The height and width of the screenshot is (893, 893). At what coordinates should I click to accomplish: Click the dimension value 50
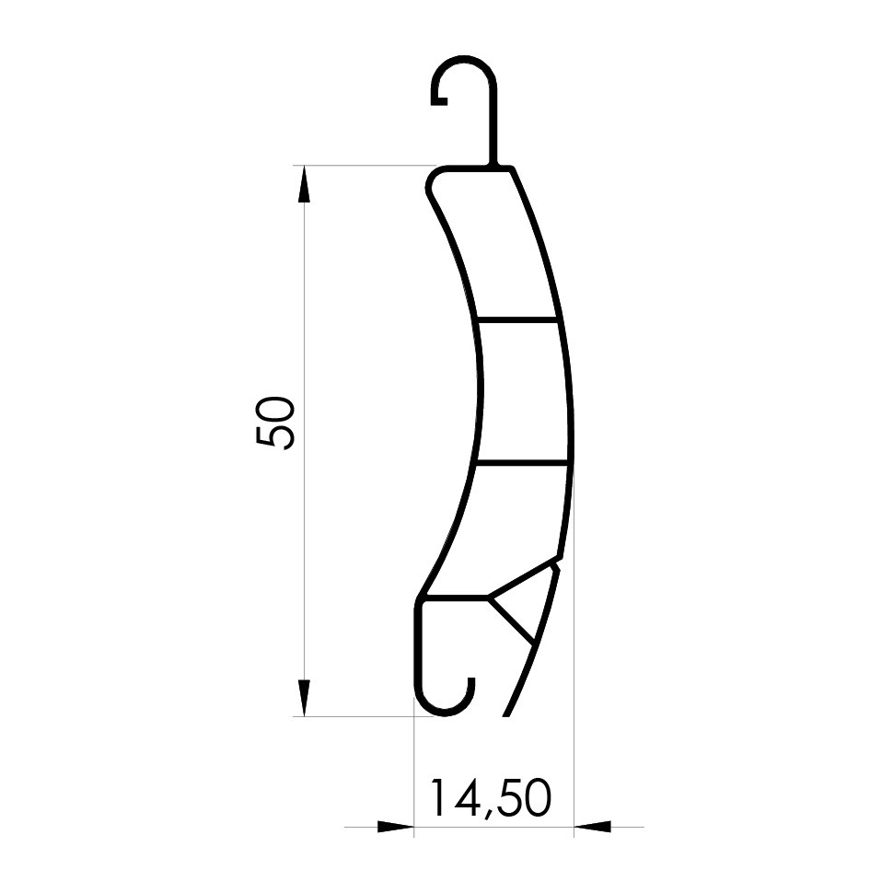275,423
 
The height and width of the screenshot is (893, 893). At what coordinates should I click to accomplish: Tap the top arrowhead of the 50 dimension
304,183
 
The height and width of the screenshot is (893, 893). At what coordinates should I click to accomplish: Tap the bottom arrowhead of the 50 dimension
304,698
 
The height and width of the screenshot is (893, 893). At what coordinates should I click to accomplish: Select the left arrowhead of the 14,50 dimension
395,827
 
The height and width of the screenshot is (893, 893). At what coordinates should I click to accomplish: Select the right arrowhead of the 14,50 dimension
592,827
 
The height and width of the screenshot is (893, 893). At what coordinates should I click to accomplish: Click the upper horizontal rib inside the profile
516,319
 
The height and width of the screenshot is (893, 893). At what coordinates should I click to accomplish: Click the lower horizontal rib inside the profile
522,462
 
